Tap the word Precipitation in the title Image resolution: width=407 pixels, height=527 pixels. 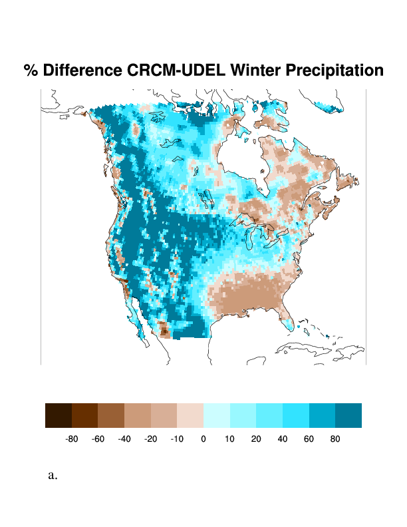point(339,71)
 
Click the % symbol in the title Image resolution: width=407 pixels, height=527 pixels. point(31,71)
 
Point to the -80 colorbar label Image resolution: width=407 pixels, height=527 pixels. point(72,439)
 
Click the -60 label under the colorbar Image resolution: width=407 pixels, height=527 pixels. point(98,439)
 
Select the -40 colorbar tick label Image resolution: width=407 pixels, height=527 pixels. point(124,439)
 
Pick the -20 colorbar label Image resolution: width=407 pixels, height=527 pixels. point(151,439)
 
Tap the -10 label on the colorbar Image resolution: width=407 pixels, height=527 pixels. point(177,439)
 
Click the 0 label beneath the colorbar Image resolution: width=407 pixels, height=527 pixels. point(203,439)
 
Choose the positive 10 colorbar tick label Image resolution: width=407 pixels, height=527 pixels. point(229,439)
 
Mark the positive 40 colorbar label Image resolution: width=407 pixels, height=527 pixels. point(283,439)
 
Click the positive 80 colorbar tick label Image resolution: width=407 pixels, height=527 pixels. point(335,439)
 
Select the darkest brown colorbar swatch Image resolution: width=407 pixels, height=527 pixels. point(59,415)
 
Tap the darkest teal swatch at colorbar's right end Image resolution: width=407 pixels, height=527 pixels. point(348,415)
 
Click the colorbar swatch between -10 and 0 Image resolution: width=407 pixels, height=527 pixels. point(190,415)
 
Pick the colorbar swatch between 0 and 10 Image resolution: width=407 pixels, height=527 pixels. point(217,415)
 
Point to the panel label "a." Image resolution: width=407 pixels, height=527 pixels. point(53,475)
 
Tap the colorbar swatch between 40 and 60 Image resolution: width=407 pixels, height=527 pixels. point(296,415)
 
